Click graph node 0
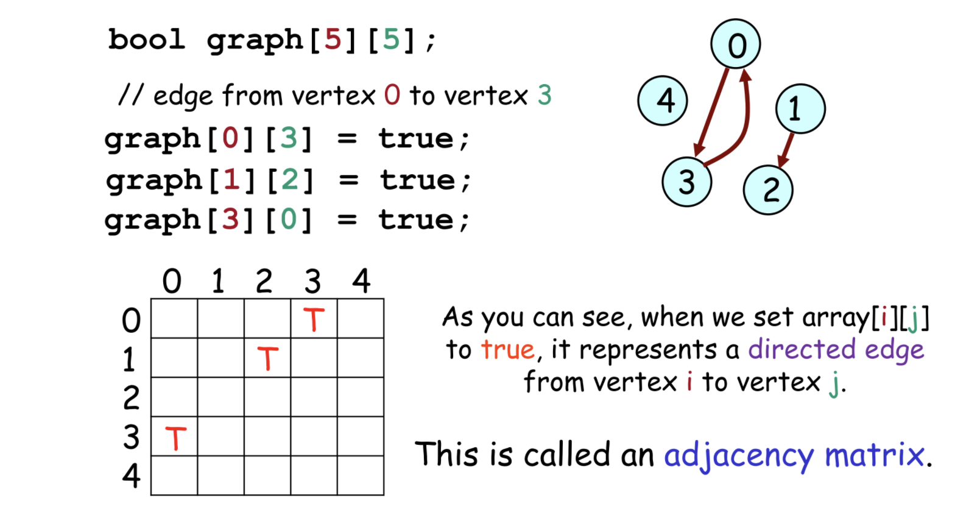[736, 44]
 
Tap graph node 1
[800, 109]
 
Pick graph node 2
[768, 190]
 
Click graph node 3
[687, 181]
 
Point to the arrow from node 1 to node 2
[786, 149]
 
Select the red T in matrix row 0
[314, 319]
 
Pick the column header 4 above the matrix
[361, 281]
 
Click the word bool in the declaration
[146, 40]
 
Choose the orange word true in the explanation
[507, 349]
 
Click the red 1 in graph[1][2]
[231, 180]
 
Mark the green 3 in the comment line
[544, 95]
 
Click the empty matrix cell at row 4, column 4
[361, 475]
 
